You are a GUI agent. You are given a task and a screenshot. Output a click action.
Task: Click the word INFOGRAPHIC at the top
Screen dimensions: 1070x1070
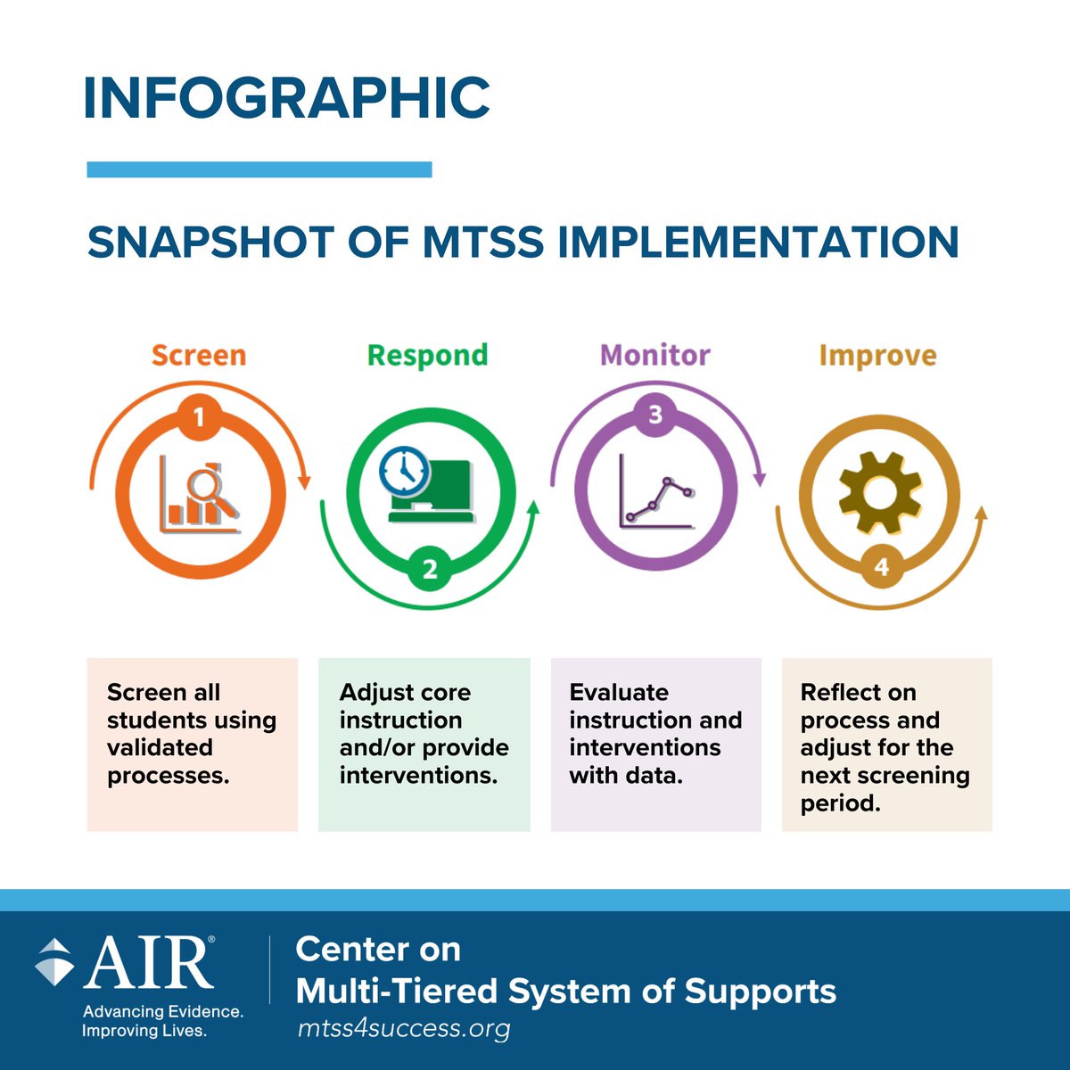tap(286, 97)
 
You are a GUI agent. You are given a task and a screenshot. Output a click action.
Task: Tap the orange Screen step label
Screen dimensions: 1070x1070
tap(198, 355)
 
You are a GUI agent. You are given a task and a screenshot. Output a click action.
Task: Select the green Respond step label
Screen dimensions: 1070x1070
tap(427, 355)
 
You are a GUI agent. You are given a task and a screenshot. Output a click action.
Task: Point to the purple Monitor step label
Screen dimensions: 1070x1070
tap(654, 355)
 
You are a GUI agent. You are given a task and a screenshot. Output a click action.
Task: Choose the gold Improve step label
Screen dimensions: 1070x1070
tap(877, 356)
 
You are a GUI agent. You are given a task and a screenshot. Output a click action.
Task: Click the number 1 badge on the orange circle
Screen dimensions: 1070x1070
tap(199, 417)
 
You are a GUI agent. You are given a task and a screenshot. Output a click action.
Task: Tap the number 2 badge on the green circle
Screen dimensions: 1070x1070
tap(430, 569)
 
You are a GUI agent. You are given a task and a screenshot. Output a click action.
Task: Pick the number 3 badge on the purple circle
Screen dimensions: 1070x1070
tap(655, 416)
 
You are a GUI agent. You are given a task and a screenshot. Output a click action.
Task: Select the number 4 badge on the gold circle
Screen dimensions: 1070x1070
tap(881, 567)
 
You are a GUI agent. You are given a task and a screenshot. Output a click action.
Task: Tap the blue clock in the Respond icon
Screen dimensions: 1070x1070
tap(404, 469)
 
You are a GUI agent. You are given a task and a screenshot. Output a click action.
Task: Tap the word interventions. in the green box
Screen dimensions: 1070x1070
tap(418, 775)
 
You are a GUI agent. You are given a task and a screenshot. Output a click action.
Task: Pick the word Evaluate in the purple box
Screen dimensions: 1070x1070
tap(619, 693)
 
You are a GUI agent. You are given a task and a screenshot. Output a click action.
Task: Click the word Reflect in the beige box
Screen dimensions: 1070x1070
tap(840, 693)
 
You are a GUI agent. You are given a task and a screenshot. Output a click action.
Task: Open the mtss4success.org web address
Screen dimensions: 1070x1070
tap(404, 1028)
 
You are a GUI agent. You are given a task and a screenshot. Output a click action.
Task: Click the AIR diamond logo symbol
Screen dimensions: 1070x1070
tap(54, 962)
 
